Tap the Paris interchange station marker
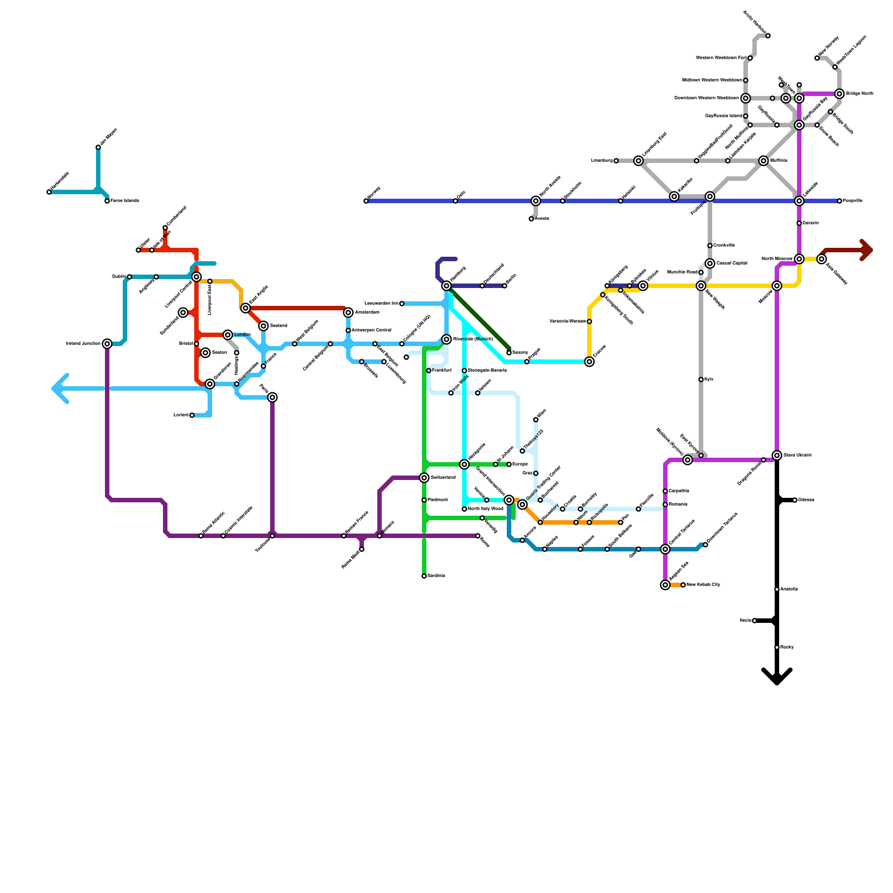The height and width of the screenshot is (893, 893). [272, 397]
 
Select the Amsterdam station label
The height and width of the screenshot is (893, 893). [367, 313]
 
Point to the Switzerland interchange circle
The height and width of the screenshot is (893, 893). [424, 478]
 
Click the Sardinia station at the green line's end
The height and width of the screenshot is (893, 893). [424, 576]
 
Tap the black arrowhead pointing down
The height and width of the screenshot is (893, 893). [777, 678]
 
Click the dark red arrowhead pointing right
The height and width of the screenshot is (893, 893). [867, 250]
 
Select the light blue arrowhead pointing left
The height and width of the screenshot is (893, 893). [59, 388]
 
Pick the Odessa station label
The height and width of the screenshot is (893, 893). [806, 500]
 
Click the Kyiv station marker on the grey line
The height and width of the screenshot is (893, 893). [701, 380]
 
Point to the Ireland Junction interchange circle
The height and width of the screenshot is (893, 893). [107, 344]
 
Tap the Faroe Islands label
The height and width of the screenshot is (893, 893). [124, 201]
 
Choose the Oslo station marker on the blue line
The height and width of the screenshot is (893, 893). [455, 201]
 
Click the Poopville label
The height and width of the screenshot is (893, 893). [852, 201]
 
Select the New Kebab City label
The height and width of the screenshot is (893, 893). [703, 585]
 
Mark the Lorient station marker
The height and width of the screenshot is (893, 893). [192, 415]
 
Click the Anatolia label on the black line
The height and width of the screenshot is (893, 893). [789, 589]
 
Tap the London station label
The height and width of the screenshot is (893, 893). [242, 335]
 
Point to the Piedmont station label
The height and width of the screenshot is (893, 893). [438, 500]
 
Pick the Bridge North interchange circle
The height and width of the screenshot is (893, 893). [839, 94]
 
